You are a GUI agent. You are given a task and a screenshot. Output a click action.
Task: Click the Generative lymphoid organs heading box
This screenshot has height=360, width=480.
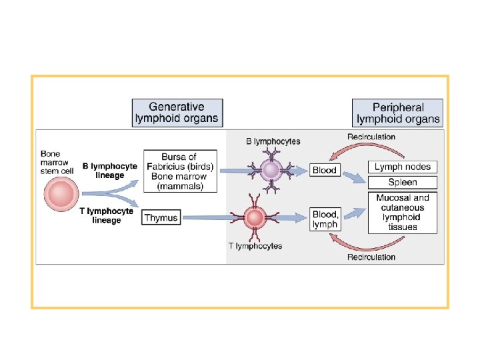[177, 113]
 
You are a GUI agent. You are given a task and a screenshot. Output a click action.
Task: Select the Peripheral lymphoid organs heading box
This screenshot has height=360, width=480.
[398, 113]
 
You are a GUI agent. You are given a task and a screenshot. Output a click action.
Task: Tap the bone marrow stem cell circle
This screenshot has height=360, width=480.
[61, 194]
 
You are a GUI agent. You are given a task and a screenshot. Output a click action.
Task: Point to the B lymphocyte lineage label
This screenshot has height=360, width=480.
[109, 170]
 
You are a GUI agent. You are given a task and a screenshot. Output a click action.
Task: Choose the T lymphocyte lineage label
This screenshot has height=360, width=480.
[107, 215]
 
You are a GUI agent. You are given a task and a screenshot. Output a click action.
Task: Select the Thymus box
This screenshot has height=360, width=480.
[161, 217]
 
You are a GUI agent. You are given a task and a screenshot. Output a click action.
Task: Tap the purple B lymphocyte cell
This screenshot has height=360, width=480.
[271, 171]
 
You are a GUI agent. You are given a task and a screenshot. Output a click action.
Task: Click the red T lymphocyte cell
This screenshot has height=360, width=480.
[254, 217]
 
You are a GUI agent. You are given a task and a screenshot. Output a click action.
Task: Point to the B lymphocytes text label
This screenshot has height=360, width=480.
[273, 141]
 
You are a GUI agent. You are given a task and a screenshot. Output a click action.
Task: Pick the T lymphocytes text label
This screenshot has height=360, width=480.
[255, 246]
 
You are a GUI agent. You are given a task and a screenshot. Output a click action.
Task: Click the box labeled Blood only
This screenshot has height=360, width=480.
[325, 170]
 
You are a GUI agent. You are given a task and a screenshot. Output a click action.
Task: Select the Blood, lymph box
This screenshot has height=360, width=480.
[325, 219]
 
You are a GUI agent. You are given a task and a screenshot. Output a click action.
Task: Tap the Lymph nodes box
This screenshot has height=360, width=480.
[402, 167]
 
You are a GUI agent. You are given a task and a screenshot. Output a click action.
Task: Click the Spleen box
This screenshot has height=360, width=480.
[402, 182]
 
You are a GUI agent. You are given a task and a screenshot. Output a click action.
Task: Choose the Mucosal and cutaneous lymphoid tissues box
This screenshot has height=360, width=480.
[402, 212]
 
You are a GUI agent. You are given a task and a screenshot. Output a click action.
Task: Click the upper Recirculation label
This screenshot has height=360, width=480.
[371, 137]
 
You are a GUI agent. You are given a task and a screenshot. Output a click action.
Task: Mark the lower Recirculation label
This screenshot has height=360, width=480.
[371, 257]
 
